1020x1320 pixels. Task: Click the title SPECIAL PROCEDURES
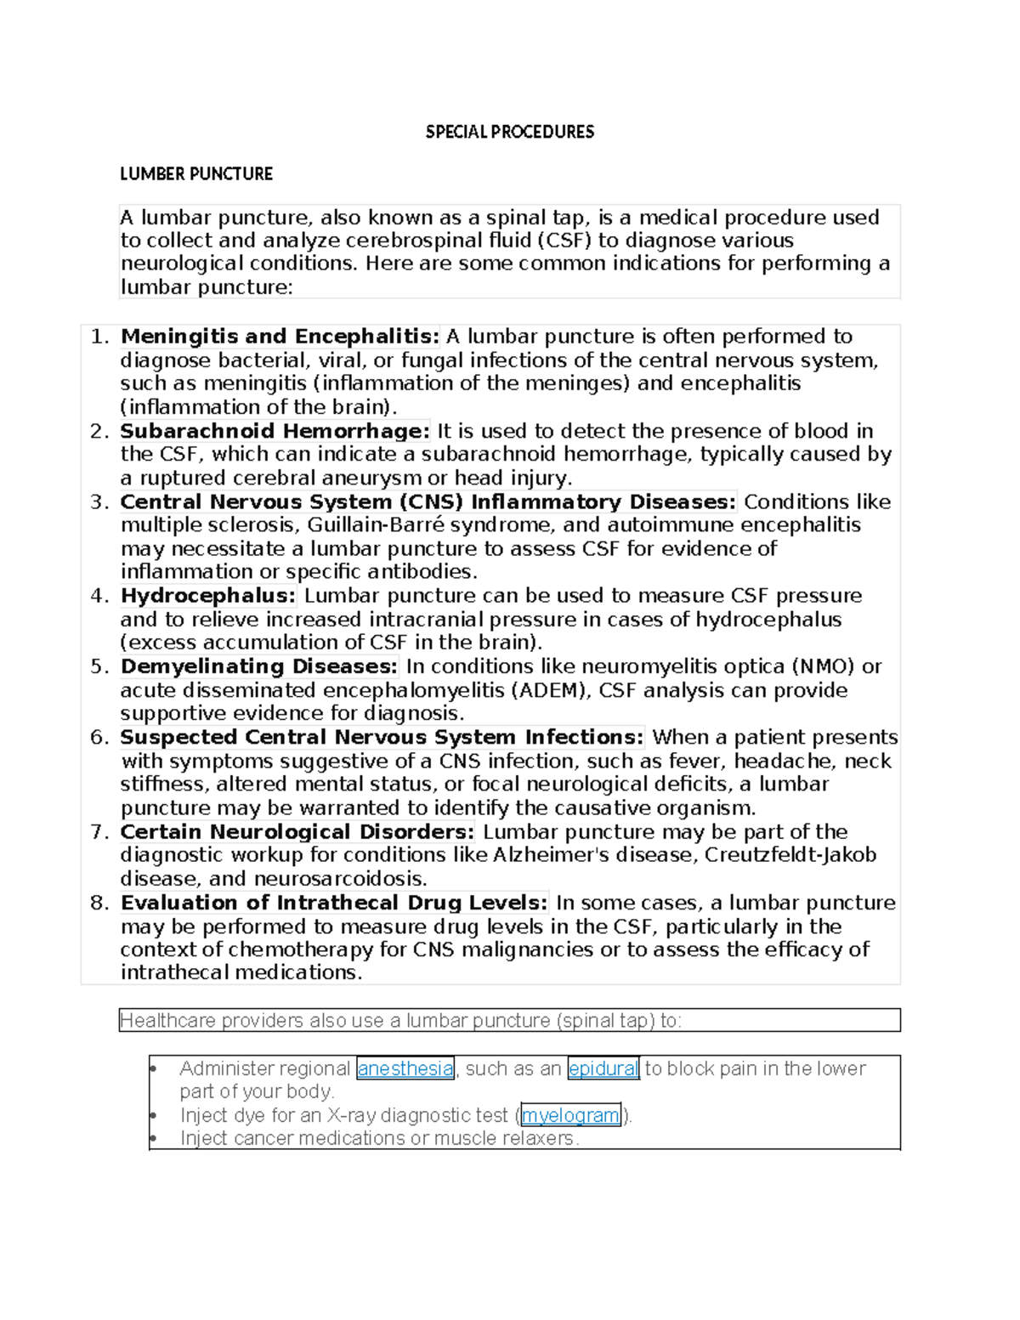509,132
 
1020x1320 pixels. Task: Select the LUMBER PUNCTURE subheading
196,174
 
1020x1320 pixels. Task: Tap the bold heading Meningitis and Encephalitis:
280,337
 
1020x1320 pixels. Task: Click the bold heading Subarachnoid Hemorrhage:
275,431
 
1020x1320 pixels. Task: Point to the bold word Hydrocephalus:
208,596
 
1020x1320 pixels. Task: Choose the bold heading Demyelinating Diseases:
258,666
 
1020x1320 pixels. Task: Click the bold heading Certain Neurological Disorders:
297,831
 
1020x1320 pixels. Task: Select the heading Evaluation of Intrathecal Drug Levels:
334,903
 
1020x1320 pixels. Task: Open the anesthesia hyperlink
405,1068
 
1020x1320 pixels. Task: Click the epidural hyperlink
603,1068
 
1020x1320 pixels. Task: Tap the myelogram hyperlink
570,1115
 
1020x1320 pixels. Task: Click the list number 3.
99,502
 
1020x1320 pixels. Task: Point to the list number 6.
99,738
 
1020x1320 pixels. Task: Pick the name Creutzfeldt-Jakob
790,855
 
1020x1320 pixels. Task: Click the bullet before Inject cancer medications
152,1138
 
